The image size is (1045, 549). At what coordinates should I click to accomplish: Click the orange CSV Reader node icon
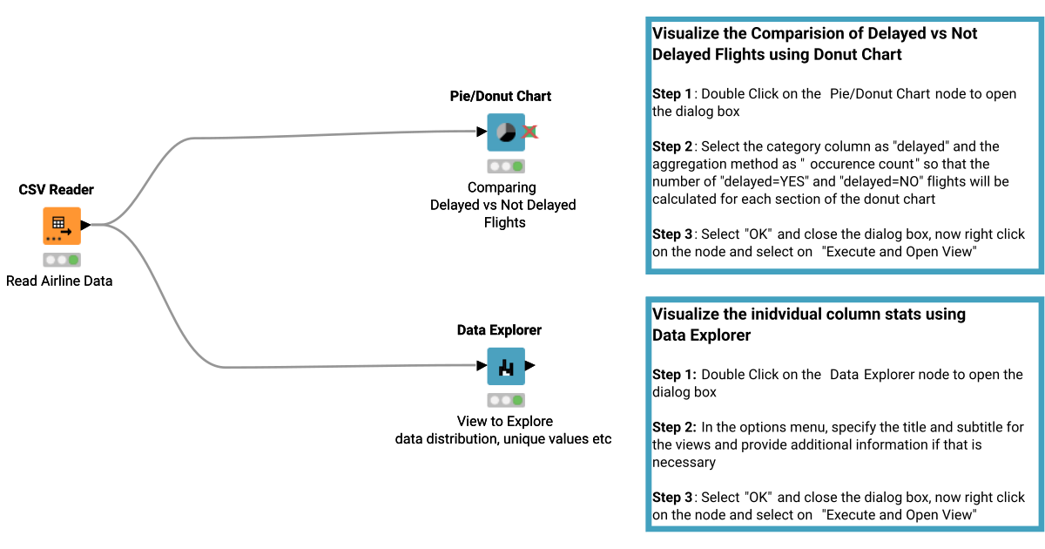(62, 226)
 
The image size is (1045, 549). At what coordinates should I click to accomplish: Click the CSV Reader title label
(57, 189)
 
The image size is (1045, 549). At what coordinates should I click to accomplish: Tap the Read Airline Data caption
(59, 281)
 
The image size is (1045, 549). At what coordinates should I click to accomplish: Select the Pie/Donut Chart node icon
(506, 132)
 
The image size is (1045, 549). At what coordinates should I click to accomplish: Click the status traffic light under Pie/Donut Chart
(506, 166)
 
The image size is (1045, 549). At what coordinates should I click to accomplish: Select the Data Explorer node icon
(506, 367)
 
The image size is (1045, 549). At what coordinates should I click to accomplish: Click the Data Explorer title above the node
(499, 330)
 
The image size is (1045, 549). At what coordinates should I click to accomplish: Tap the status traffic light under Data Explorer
(506, 400)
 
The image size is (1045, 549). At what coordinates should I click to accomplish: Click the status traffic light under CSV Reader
(62, 260)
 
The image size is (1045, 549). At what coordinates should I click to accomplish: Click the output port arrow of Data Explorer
(530, 366)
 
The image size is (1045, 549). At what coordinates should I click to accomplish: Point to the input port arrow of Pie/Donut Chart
(482, 132)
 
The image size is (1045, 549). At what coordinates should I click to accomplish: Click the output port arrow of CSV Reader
(86, 226)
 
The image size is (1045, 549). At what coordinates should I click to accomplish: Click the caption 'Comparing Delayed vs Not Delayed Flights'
(503, 205)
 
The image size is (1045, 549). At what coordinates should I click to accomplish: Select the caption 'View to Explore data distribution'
(503, 430)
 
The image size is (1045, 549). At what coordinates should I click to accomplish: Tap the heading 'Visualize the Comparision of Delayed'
(814, 34)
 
